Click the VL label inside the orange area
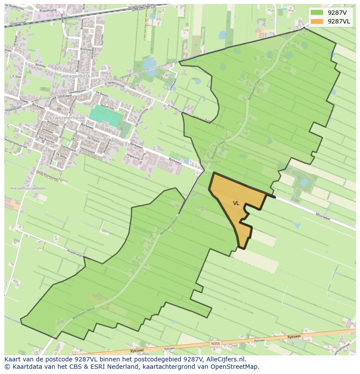click(236, 203)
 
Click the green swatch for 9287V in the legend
click(317, 13)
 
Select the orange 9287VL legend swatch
click(317, 21)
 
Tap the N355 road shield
click(216, 344)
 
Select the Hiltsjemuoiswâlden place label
click(28, 189)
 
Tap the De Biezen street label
click(101, 94)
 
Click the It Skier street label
click(17, 76)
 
